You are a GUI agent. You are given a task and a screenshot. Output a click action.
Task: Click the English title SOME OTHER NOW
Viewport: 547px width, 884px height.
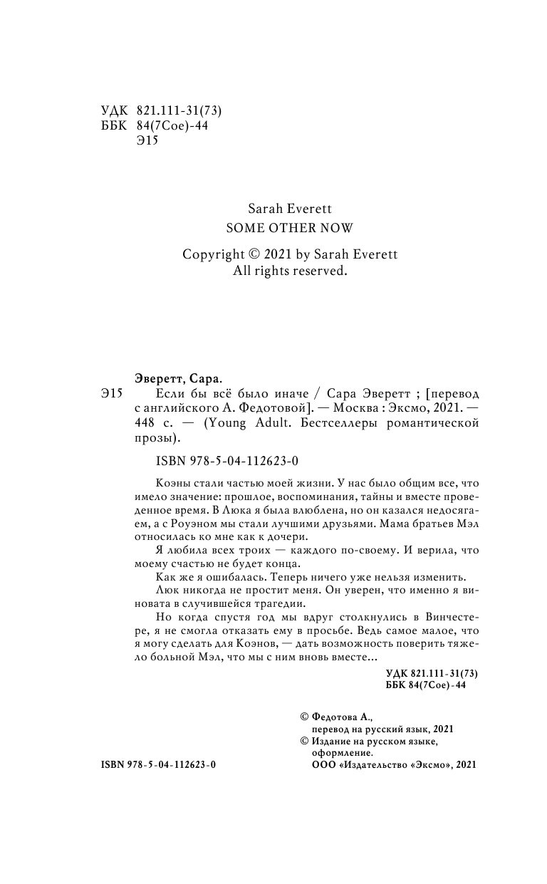[289, 228]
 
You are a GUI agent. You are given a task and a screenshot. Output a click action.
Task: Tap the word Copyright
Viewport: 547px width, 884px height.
[212, 255]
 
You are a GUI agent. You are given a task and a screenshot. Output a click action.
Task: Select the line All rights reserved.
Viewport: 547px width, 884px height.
[289, 271]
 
